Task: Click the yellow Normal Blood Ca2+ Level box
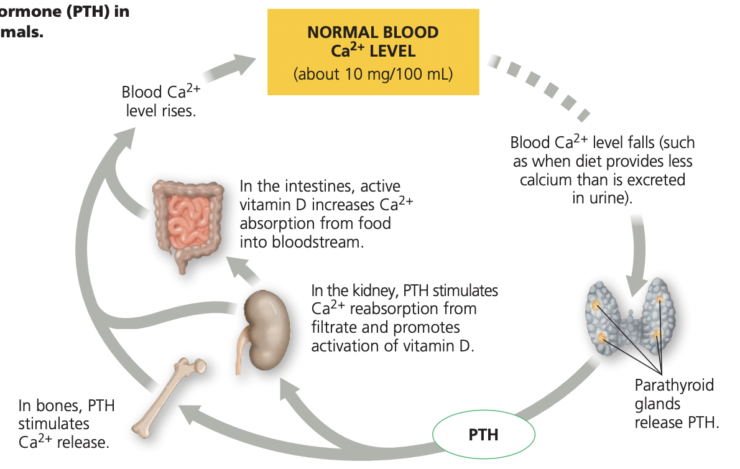pos(373,52)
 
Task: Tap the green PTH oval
pos(484,435)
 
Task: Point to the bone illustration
pos(169,397)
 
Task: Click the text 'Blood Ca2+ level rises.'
pos(161,101)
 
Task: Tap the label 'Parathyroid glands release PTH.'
pos(677,404)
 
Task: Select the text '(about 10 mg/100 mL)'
pos(373,74)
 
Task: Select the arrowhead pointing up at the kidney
pos(289,389)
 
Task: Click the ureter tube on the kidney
pos(242,349)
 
